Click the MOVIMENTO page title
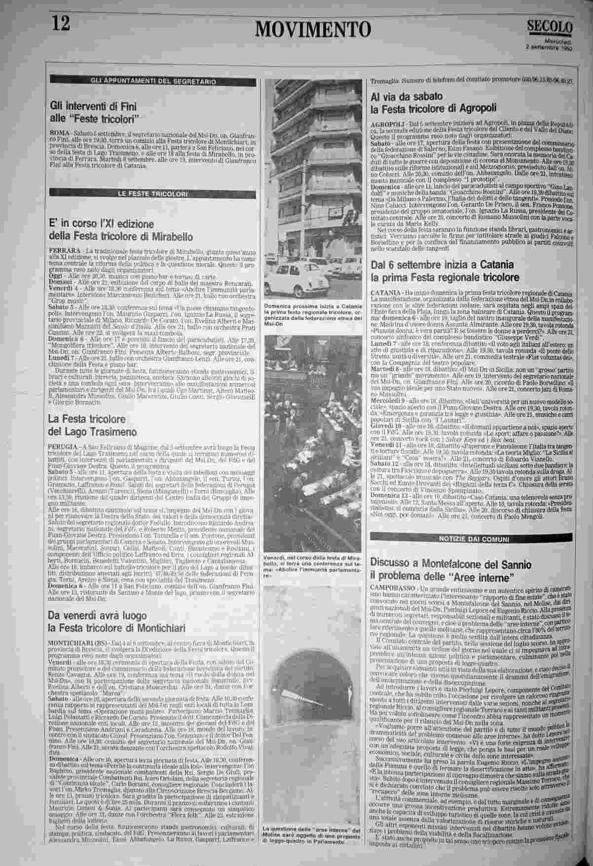pos(313,29)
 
